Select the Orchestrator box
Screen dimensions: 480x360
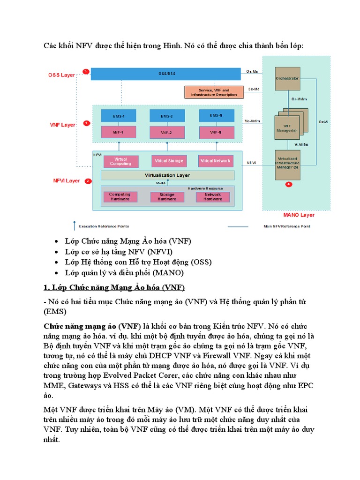tap(287, 78)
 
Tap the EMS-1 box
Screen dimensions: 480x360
tap(120, 116)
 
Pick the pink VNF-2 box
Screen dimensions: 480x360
tap(166, 133)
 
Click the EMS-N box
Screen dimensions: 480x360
tap(216, 115)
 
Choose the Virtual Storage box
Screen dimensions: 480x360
tap(169, 161)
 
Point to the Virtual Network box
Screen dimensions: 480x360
tap(216, 161)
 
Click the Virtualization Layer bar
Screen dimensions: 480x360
tap(167, 175)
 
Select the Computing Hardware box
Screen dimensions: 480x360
tap(120, 197)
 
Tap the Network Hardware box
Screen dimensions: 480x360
tap(213, 197)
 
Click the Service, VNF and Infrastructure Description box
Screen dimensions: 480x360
tap(214, 92)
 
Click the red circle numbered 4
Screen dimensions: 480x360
tap(288, 185)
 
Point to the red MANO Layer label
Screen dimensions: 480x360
tap(299, 215)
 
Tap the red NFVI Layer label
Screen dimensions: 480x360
tap(66, 180)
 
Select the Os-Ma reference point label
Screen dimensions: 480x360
tap(252, 71)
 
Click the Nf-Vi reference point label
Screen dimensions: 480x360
tap(251, 163)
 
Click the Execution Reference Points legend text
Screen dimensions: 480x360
tap(104, 226)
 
